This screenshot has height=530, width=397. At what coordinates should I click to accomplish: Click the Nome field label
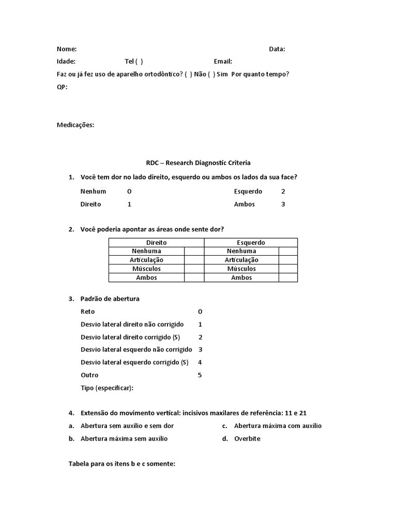pyautogui.click(x=67, y=49)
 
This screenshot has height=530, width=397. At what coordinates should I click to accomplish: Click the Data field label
pyautogui.click(x=277, y=49)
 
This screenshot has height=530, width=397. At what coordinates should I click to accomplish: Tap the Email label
pyautogui.click(x=223, y=61)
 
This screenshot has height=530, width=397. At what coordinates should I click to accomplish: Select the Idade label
pyautogui.click(x=66, y=61)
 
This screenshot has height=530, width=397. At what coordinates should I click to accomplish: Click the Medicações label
pyautogui.click(x=75, y=125)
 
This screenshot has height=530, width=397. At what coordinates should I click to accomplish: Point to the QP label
pyautogui.click(x=62, y=86)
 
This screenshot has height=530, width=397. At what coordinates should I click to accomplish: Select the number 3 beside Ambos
pyautogui.click(x=283, y=204)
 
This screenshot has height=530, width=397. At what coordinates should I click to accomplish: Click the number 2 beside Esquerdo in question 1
pyautogui.click(x=283, y=192)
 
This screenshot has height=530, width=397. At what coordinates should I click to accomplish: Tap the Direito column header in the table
pyautogui.click(x=157, y=242)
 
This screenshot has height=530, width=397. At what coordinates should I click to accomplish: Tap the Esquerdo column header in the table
pyautogui.click(x=251, y=242)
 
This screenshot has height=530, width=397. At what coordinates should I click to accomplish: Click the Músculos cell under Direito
pyautogui.click(x=147, y=269)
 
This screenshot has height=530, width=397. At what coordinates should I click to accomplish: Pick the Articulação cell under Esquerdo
pyautogui.click(x=241, y=260)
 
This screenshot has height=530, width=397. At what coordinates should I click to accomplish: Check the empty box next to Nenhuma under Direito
pyautogui.click(x=194, y=251)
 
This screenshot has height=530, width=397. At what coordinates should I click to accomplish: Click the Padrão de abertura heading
pyautogui.click(x=110, y=299)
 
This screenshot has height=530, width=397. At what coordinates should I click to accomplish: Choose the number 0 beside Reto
pyautogui.click(x=200, y=312)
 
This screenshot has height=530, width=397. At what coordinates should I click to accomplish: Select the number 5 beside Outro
pyautogui.click(x=200, y=375)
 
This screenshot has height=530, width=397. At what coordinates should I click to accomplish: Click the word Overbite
pyautogui.click(x=247, y=438)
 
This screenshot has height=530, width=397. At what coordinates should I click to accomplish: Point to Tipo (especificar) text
pyautogui.click(x=108, y=388)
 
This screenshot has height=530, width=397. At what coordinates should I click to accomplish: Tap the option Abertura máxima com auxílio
pyautogui.click(x=278, y=426)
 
